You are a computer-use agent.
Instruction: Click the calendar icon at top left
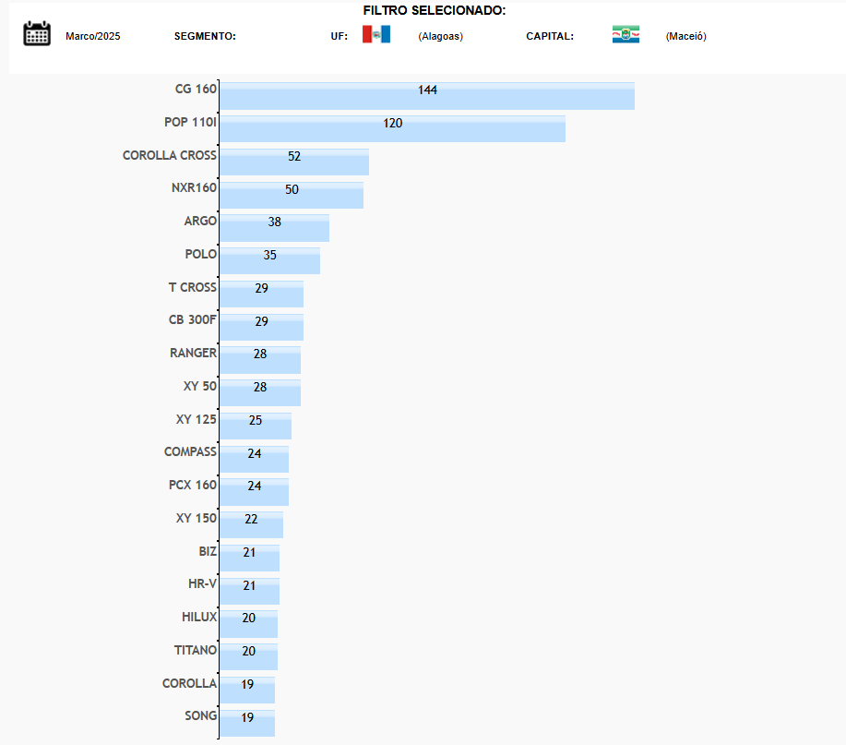pyautogui.click(x=37, y=34)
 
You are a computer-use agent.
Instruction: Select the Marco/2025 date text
pyautogui.click(x=93, y=37)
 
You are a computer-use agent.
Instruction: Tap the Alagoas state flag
pyautogui.click(x=376, y=35)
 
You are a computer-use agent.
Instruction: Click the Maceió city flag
pyautogui.click(x=626, y=35)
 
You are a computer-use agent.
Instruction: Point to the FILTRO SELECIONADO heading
pyautogui.click(x=434, y=11)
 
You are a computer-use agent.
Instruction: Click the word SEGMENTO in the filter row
pyautogui.click(x=205, y=37)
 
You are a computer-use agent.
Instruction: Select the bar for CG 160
pyautogui.click(x=426, y=96)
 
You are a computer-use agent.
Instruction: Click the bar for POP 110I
pyautogui.click(x=392, y=128)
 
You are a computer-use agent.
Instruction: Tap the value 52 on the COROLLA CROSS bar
pyautogui.click(x=294, y=157)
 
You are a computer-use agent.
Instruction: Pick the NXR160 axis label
pyautogui.click(x=194, y=188)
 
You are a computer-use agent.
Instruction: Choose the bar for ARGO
pyautogui.click(x=274, y=228)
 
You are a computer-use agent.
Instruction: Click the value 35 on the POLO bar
pyautogui.click(x=269, y=256)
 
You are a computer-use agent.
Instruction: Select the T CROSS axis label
pyautogui.click(x=192, y=288)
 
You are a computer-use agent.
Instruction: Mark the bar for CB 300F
pyautogui.click(x=261, y=327)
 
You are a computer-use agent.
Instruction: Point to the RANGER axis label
pyautogui.click(x=193, y=354)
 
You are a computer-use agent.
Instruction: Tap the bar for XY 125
pyautogui.click(x=255, y=426)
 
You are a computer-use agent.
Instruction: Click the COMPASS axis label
pyautogui.click(x=190, y=452)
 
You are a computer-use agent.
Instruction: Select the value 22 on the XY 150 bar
pyautogui.click(x=251, y=520)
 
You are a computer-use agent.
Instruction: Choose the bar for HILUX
pyautogui.click(x=248, y=624)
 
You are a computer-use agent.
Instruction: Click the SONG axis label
pyautogui.click(x=200, y=716)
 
